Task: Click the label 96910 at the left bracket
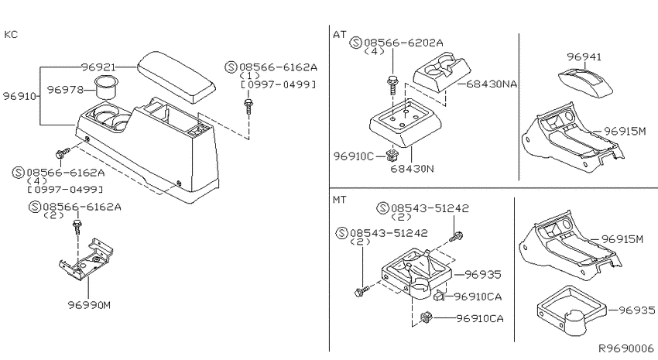tap(19, 96)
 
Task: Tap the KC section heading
tap(12, 34)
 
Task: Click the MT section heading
tap(340, 199)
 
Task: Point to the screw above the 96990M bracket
tap(77, 225)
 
